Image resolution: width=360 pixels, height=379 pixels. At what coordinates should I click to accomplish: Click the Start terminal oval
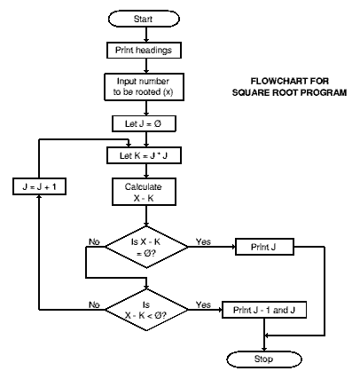click(x=144, y=19)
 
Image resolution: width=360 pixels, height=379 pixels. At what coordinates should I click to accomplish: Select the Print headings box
click(x=144, y=50)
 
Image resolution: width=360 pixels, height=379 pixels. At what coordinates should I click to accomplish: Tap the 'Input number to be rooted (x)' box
click(x=144, y=87)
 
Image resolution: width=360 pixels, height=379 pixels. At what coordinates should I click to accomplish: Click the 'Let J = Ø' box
click(x=144, y=123)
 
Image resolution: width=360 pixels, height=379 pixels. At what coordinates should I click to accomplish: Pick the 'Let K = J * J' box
click(x=144, y=155)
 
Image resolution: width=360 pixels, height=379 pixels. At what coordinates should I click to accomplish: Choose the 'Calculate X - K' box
click(x=144, y=192)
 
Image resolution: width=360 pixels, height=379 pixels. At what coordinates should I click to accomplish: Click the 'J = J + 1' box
click(x=39, y=186)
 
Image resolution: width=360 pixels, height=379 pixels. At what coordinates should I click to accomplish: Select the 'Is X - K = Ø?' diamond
click(x=146, y=247)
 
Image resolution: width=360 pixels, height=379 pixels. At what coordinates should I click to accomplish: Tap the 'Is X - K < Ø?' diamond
click(x=146, y=310)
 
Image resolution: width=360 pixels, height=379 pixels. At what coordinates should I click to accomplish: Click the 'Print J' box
click(x=264, y=247)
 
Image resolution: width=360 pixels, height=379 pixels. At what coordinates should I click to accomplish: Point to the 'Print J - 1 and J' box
click(x=264, y=310)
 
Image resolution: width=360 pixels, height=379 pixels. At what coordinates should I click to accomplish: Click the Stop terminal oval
click(x=264, y=359)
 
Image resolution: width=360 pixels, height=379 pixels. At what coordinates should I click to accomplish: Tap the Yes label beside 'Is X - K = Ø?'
click(x=203, y=241)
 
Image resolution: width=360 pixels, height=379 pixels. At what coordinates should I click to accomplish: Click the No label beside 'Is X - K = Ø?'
click(x=94, y=241)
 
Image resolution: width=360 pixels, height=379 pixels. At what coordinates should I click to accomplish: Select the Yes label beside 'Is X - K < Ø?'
click(x=203, y=304)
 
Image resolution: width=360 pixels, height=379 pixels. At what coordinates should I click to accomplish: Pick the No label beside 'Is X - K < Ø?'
click(x=94, y=304)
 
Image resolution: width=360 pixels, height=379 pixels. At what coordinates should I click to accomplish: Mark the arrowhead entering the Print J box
click(x=232, y=247)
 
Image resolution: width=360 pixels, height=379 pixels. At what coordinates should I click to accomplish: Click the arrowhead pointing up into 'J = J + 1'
click(x=39, y=198)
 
